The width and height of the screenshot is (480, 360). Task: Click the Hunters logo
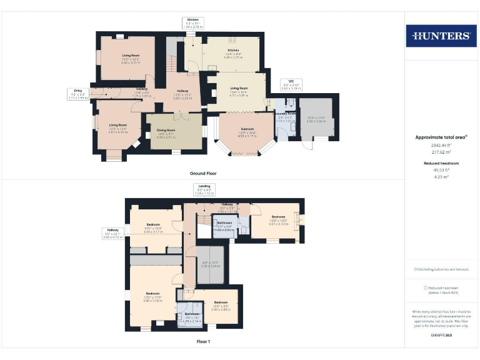pos(441,36)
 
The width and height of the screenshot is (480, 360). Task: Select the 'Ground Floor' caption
pos(203,172)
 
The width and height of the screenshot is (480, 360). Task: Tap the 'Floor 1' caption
pos(203,342)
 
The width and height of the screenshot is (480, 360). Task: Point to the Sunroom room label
pos(247,131)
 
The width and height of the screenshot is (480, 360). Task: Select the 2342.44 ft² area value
pos(441,144)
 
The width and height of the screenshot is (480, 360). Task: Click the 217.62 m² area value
pos(441,152)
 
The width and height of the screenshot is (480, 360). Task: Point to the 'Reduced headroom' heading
pos(441,162)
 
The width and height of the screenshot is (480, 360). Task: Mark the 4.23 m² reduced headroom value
pos(441,177)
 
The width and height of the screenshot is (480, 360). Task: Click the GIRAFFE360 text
pos(441,336)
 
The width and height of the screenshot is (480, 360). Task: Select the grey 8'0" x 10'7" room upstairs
pos(212,264)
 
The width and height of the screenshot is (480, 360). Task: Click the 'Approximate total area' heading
pos(441,137)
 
